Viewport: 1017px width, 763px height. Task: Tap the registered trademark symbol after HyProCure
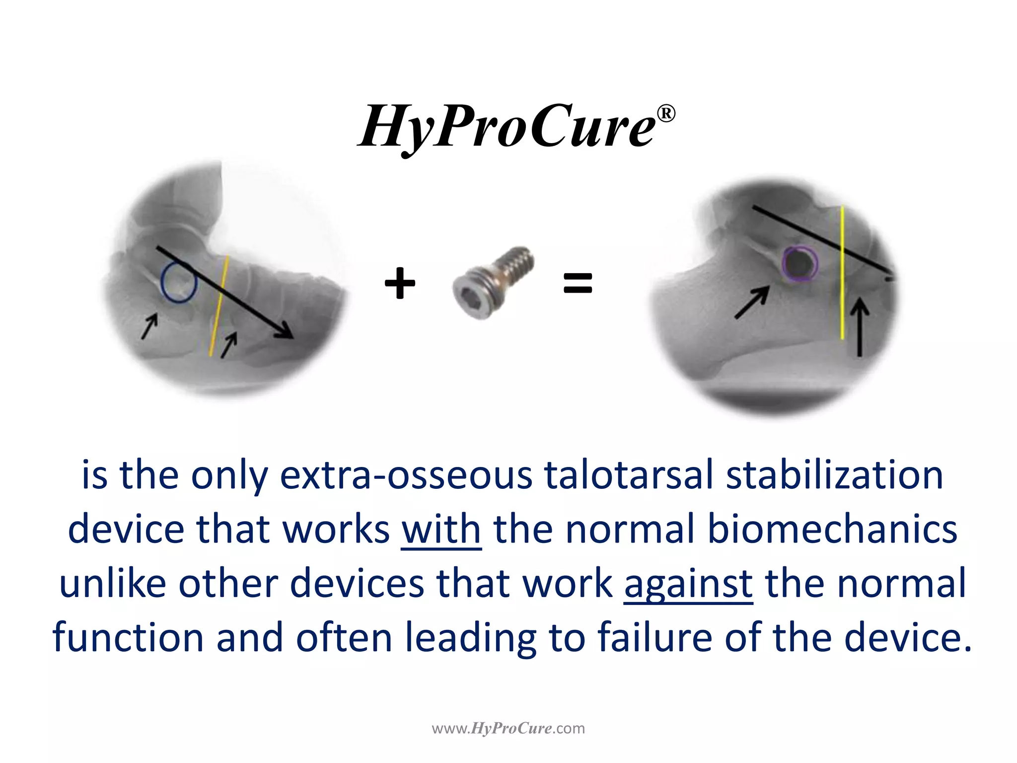click(666, 114)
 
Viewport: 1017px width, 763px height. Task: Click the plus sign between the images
click(400, 283)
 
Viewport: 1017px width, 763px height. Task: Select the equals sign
click(578, 283)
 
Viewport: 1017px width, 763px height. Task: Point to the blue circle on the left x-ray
click(179, 283)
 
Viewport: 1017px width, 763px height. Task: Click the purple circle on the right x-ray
click(799, 263)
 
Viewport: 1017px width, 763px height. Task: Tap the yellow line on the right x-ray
click(842, 273)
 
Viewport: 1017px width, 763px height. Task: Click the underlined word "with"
click(441, 530)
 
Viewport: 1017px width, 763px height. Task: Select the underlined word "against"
click(688, 584)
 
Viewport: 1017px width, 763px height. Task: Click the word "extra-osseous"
click(406, 475)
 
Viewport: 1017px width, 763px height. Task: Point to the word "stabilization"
click(834, 475)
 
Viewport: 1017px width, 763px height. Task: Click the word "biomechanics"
click(832, 530)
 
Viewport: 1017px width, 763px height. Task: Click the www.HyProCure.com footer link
click(508, 729)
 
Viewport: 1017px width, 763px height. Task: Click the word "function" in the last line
click(128, 637)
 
